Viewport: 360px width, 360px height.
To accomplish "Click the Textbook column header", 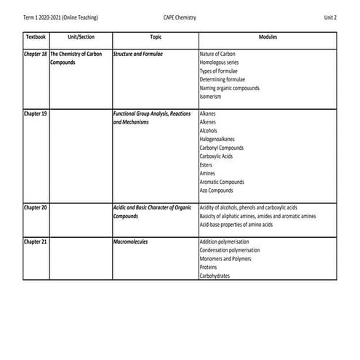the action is point(35,36).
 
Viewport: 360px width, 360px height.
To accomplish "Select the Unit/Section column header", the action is point(80,36).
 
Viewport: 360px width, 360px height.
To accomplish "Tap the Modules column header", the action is point(267,36).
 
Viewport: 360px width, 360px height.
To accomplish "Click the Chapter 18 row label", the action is point(36,55).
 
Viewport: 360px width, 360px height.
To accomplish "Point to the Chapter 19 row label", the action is point(36,114).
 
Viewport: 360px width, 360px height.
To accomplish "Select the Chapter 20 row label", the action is point(36,208).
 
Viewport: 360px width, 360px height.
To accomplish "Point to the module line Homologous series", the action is point(220,63).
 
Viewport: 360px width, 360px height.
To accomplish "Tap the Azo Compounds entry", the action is point(217,190).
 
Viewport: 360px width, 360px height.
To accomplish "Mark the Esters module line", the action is point(207,164).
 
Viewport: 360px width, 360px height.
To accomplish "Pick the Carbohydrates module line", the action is point(215,276).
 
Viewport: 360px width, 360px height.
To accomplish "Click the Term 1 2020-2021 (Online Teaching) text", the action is point(61,16).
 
